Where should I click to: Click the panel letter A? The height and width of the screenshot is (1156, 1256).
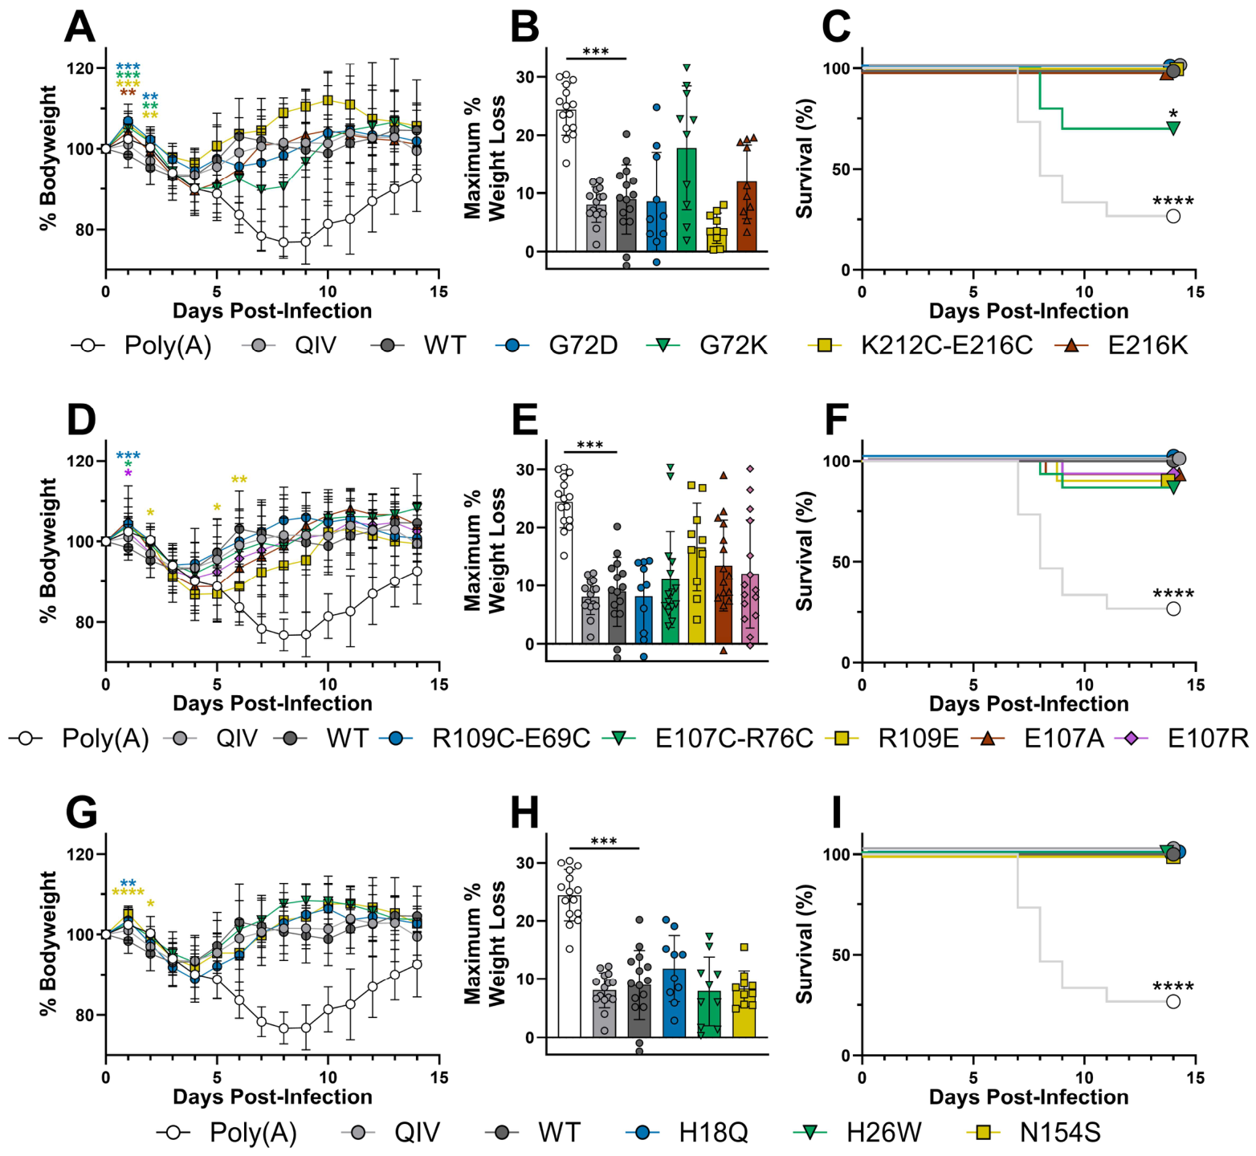tap(80, 27)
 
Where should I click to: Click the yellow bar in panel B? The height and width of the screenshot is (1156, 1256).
tap(716, 239)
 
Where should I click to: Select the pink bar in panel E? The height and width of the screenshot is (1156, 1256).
tap(750, 609)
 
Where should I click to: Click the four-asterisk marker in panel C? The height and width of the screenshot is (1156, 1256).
tap(1172, 201)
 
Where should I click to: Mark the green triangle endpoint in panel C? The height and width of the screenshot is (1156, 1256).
tap(1173, 128)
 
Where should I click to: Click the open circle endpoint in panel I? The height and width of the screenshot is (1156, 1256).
tap(1173, 1002)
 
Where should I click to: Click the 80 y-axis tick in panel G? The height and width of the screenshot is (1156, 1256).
tap(83, 1016)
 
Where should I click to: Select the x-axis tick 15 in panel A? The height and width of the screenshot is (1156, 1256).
tap(438, 291)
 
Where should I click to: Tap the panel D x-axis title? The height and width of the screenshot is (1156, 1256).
tap(272, 703)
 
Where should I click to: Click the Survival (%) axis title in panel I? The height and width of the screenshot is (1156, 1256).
tap(805, 944)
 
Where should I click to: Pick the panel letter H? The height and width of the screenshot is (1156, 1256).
tap(525, 813)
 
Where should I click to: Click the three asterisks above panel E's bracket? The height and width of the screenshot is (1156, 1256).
tap(589, 446)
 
